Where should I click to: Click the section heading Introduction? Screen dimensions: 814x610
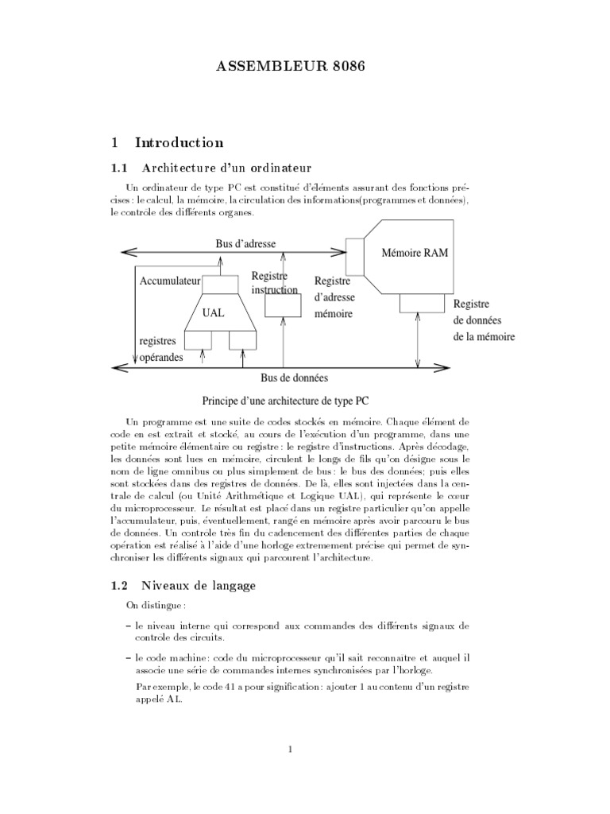click(x=179, y=143)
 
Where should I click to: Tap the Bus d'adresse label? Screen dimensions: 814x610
click(x=245, y=243)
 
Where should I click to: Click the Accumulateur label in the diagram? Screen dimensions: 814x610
click(x=169, y=281)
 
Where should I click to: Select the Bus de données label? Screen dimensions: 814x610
click(x=294, y=378)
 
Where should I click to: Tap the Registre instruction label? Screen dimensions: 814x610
click(x=274, y=283)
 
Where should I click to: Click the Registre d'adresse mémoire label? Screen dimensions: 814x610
click(x=334, y=298)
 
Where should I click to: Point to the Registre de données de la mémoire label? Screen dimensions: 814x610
click(x=484, y=320)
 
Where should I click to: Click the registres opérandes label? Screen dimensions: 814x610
click(x=161, y=349)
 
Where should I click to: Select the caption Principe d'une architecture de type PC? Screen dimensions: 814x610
click(x=285, y=401)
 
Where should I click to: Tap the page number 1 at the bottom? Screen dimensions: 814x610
click(x=291, y=749)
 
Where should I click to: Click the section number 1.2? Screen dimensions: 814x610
click(x=119, y=587)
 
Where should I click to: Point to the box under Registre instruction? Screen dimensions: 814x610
click(x=283, y=306)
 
